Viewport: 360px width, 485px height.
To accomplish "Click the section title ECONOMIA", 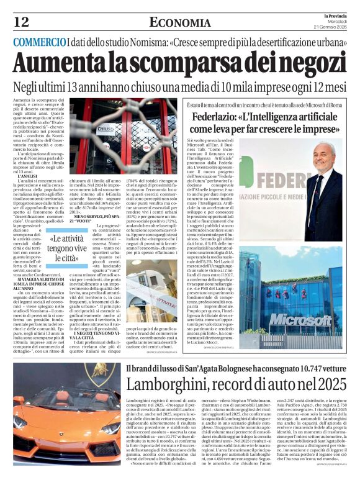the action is pyautogui.click(x=179, y=23).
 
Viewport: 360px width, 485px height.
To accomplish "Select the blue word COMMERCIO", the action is pyautogui.click(x=40, y=42).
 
